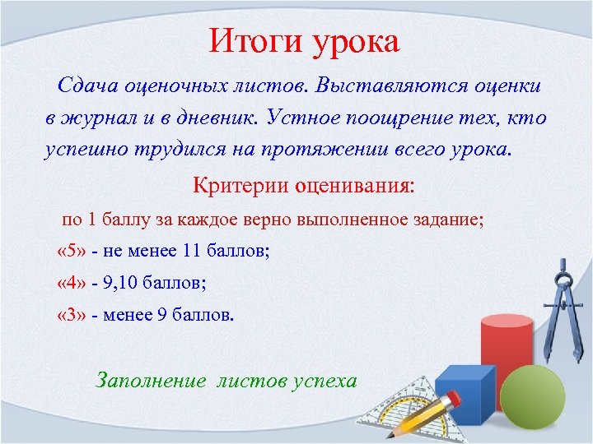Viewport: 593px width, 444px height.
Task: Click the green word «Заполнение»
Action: (x=152, y=380)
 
